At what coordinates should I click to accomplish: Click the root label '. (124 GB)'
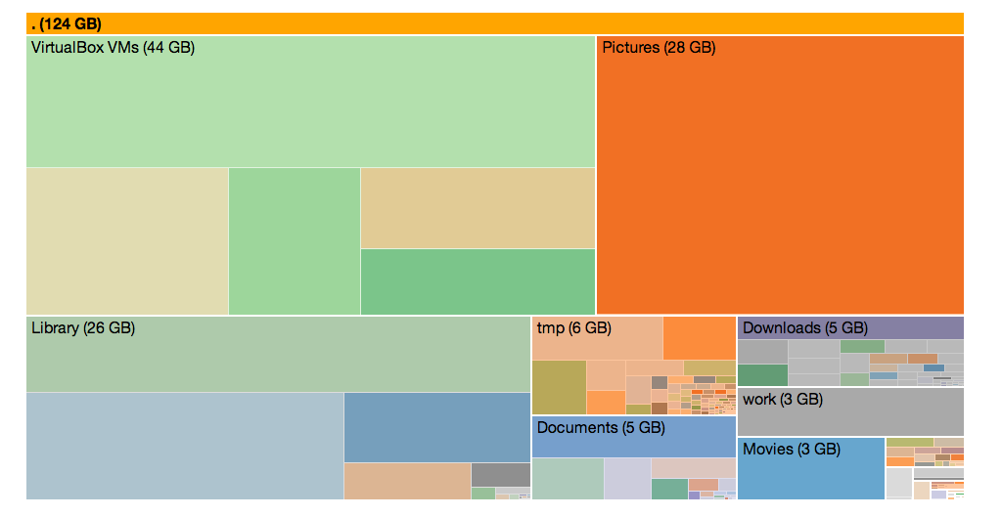pyautogui.click(x=67, y=23)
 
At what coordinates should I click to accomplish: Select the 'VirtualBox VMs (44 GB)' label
pyautogui.click(x=113, y=47)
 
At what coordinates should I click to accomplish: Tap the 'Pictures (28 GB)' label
pyautogui.click(x=658, y=47)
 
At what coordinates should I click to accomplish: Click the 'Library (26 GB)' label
pyautogui.click(x=83, y=328)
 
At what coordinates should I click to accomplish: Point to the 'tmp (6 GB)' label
pyautogui.click(x=573, y=328)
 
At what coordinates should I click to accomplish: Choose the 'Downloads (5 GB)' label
pyautogui.click(x=804, y=328)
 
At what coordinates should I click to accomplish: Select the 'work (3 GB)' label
pyautogui.click(x=782, y=400)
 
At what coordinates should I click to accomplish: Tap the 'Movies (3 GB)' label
pyautogui.click(x=791, y=450)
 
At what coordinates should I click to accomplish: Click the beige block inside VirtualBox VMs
pyautogui.click(x=127, y=240)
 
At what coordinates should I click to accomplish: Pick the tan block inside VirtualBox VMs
pyautogui.click(x=478, y=207)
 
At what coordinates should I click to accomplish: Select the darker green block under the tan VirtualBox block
pyautogui.click(x=478, y=281)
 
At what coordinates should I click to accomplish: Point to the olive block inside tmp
pyautogui.click(x=559, y=386)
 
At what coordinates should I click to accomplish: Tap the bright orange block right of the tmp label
pyautogui.click(x=699, y=337)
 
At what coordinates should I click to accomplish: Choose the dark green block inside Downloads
pyautogui.click(x=762, y=375)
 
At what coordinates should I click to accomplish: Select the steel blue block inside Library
pyautogui.click(x=436, y=427)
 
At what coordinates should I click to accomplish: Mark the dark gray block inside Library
pyautogui.click(x=500, y=474)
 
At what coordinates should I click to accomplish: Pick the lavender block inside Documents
pyautogui.click(x=626, y=479)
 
